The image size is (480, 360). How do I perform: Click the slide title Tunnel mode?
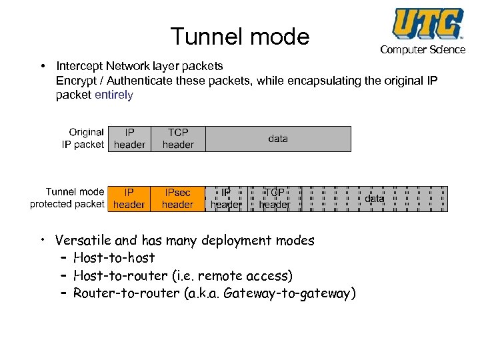[x=240, y=36]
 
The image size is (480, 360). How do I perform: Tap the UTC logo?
[x=427, y=23]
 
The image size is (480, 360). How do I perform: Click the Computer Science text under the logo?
[x=423, y=50]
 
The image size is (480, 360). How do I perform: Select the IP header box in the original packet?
[x=130, y=139]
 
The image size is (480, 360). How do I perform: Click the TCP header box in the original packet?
[x=178, y=139]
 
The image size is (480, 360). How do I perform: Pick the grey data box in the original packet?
[x=278, y=139]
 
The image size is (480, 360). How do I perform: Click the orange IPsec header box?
[x=177, y=199]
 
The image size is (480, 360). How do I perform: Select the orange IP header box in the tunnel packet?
[x=129, y=199]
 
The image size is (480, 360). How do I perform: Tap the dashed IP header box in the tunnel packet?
[x=226, y=199]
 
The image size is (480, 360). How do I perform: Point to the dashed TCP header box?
[x=274, y=199]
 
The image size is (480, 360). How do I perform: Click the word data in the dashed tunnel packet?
[x=375, y=199]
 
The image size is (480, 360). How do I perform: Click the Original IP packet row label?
[x=83, y=139]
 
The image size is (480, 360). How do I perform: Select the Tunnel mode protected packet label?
[x=67, y=198]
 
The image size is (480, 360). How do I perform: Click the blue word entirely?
[x=114, y=95]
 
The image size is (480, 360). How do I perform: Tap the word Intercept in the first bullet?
[x=78, y=66]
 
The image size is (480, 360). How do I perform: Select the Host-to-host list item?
[x=114, y=258]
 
